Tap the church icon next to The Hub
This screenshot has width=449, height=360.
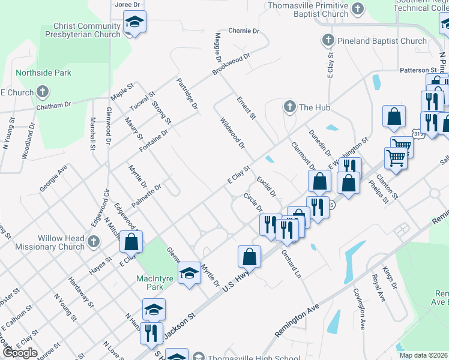point(290,107)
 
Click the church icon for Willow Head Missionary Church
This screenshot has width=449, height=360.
point(93,242)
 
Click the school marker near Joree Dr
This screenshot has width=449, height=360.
point(134,24)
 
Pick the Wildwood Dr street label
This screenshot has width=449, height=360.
point(232,133)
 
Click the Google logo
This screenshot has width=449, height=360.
point(19,352)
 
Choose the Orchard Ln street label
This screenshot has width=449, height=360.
point(291,264)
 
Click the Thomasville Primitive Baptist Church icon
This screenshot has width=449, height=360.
point(358,9)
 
